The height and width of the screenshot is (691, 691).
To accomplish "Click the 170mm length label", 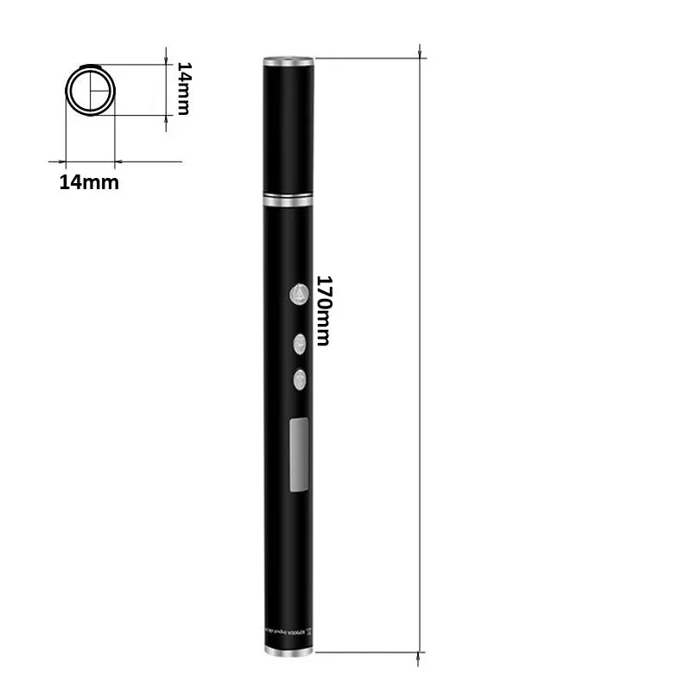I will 323,311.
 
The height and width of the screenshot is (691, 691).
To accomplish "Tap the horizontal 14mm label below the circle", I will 89,182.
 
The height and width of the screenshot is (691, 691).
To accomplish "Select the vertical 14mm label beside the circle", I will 182,88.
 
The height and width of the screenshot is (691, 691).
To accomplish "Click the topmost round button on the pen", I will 299,295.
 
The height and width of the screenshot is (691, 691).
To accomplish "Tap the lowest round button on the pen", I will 300,377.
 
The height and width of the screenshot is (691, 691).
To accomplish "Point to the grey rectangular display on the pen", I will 300,453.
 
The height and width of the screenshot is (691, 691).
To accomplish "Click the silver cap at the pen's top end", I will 288,61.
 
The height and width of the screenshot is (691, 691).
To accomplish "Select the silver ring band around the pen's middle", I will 288,200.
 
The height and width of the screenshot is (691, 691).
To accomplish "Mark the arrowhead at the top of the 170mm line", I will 421,54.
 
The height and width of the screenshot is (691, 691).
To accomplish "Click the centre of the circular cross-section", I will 90,91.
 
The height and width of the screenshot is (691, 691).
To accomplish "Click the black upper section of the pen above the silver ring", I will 288,130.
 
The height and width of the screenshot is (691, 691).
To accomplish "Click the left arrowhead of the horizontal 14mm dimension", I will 62,161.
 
